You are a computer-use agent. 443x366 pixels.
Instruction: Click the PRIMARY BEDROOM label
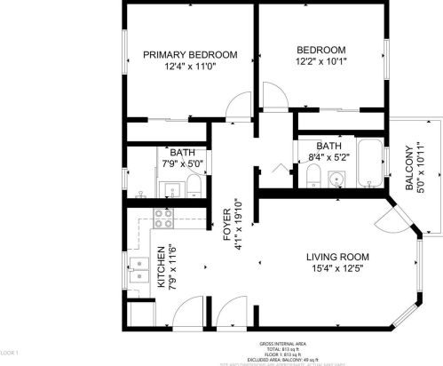click(x=191, y=55)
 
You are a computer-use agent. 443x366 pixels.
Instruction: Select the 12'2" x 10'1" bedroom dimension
click(x=320, y=63)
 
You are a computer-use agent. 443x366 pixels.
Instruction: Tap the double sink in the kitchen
click(x=139, y=269)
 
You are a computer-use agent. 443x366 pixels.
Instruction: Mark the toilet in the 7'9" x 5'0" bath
click(x=194, y=186)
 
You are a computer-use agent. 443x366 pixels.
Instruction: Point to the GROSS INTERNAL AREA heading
click(x=283, y=342)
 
